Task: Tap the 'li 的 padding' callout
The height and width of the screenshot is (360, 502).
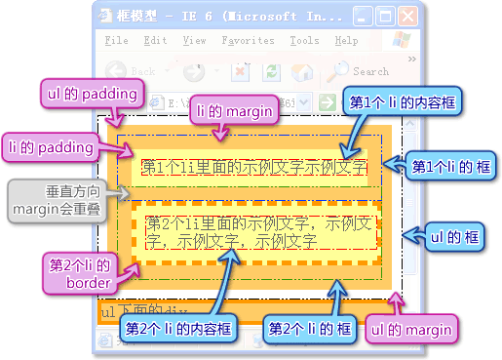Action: pyautogui.click(x=50, y=146)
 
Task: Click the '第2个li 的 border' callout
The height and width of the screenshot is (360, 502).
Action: pyautogui.click(x=80, y=272)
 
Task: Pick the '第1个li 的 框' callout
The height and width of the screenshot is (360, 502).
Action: pyautogui.click(x=449, y=167)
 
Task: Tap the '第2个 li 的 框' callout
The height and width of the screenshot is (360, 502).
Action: pyautogui.click(x=311, y=329)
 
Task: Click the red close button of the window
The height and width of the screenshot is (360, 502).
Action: pyautogui.click(x=406, y=17)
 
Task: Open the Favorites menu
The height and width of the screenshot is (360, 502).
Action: pyautogui.click(x=248, y=41)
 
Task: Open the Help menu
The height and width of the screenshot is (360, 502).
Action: pyautogui.click(x=346, y=41)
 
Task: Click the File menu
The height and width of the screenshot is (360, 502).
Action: pyautogui.click(x=116, y=41)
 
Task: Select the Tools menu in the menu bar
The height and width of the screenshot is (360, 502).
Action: pyautogui.click(x=304, y=41)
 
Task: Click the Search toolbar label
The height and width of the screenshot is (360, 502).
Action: pyautogui.click(x=370, y=71)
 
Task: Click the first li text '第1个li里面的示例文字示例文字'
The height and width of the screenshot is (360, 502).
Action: pyautogui.click(x=253, y=167)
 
